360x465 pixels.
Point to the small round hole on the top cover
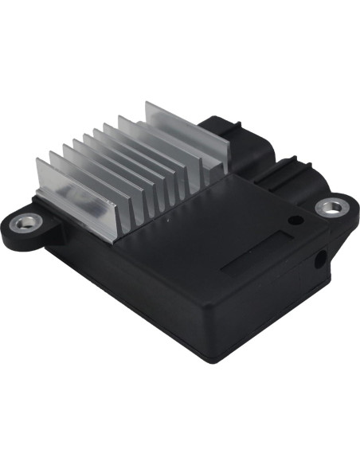tap(295, 220)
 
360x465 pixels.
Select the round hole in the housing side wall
tap(322, 260)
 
